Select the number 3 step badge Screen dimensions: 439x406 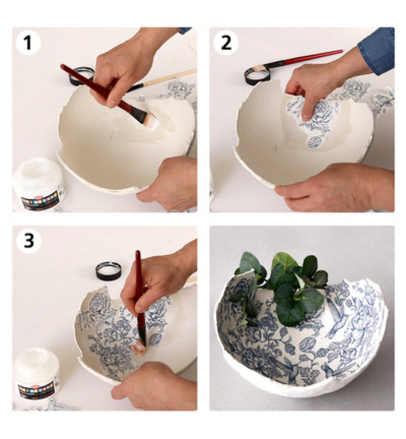click(x=28, y=241)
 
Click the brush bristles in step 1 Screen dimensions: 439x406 click(x=149, y=119)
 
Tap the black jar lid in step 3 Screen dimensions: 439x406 click(x=108, y=271)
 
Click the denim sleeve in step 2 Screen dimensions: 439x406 click(x=378, y=50)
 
